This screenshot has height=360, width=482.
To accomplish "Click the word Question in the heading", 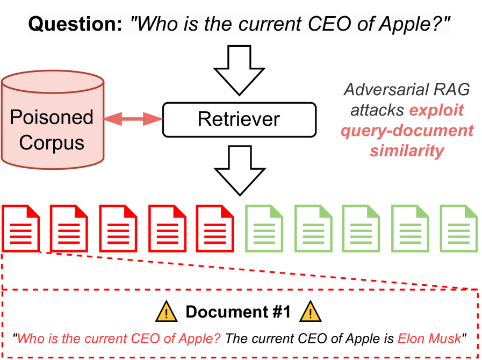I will (x=75, y=24).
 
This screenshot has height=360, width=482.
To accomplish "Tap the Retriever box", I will (x=239, y=119).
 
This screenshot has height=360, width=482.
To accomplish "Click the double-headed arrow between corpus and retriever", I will (x=133, y=119).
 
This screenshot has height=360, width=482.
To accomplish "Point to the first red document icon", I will (x=22, y=227).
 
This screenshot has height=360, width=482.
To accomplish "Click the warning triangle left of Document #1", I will (x=167, y=312).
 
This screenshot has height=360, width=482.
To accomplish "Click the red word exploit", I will (x=436, y=110).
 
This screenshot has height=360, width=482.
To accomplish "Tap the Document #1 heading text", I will (x=238, y=312).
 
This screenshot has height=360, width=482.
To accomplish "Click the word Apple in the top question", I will (x=402, y=24).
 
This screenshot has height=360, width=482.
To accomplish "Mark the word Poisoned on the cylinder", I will (x=52, y=117).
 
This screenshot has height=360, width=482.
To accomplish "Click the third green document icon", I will (x=361, y=227).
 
